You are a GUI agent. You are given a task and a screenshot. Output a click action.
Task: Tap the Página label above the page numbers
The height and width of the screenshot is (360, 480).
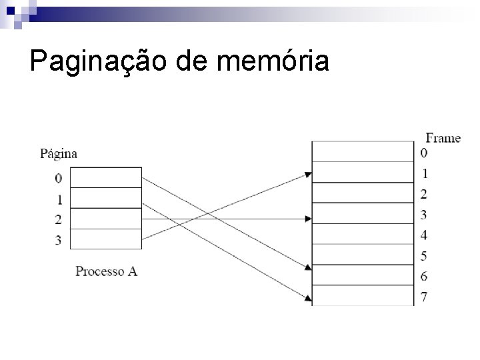click(x=59, y=154)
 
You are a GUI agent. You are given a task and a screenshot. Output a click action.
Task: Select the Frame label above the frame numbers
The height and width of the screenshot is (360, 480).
click(x=443, y=138)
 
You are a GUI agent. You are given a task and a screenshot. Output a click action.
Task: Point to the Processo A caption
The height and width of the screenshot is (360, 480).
click(x=106, y=271)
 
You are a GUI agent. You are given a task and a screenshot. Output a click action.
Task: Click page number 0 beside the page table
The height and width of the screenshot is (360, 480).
click(x=59, y=178)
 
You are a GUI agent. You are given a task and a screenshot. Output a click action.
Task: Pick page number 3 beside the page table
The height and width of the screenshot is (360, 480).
click(x=59, y=240)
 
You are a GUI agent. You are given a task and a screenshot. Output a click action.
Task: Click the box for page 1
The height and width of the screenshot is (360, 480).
click(x=105, y=199)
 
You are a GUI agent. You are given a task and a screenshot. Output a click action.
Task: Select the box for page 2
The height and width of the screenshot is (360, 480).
click(x=105, y=219)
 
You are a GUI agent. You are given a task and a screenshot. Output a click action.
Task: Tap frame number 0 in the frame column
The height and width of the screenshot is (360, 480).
click(x=424, y=153)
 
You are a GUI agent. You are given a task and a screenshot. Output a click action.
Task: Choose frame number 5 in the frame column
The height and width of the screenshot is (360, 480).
click(x=424, y=256)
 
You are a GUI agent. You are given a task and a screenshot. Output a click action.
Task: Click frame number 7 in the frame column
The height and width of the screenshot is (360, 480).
click(x=424, y=296)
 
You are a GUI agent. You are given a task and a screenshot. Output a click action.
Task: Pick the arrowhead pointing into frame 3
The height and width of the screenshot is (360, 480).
click(x=308, y=219)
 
